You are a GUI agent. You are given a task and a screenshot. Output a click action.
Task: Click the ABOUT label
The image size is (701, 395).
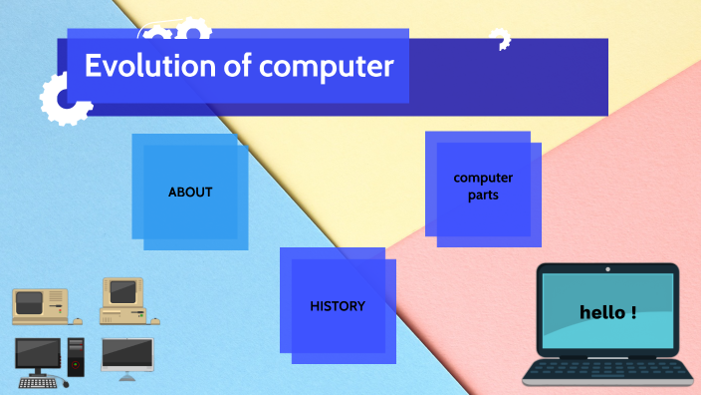click(x=190, y=192)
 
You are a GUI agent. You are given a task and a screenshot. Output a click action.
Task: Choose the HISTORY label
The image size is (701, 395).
click(x=337, y=306)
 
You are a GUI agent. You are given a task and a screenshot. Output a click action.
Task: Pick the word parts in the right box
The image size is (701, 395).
click(x=483, y=196)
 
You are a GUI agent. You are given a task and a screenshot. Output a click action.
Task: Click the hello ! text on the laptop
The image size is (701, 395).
click(x=607, y=312)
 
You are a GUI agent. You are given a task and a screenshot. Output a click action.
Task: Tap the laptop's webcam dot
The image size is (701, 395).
click(x=607, y=269)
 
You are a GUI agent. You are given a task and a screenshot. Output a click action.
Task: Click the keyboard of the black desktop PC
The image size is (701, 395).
click(x=38, y=382)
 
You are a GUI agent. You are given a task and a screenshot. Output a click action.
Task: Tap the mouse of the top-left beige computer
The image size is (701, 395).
click(x=78, y=321)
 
